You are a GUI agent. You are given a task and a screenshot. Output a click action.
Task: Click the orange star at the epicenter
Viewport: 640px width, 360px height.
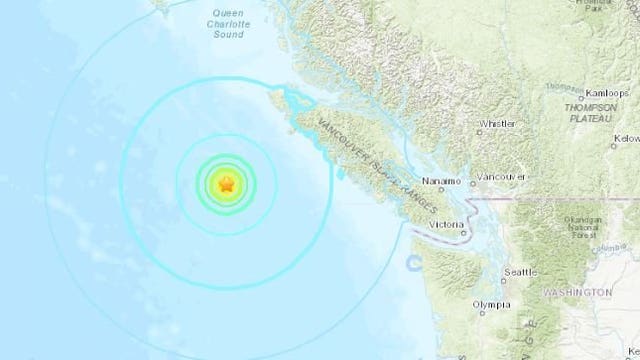click(x=227, y=183)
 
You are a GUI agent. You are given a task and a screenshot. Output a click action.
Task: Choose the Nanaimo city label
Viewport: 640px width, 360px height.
click(x=442, y=180)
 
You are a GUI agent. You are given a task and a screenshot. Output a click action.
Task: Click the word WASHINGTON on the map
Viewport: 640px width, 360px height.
click(x=573, y=292)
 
